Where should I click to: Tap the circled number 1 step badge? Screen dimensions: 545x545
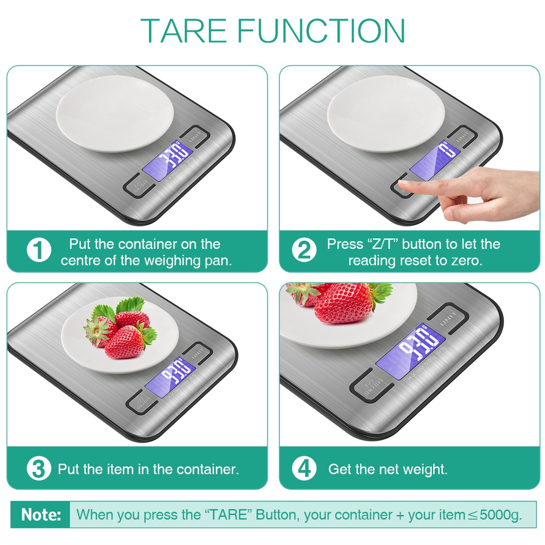tap(39, 251)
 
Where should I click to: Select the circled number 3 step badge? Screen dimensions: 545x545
tap(39, 469)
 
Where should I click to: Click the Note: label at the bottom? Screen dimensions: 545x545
tap(41, 515)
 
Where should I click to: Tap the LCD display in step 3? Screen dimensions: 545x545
tap(171, 377)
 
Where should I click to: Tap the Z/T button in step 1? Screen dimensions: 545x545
tap(140, 185)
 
